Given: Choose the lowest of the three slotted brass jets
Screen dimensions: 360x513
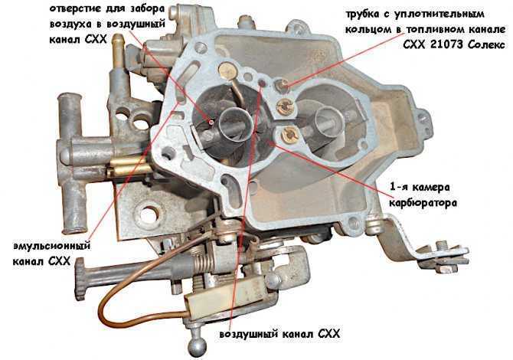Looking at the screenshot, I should tap(289, 136).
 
